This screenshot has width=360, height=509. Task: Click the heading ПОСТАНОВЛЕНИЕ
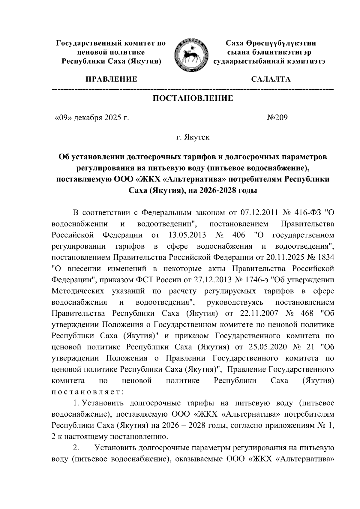click(193, 98)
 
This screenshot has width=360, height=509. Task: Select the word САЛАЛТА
click(271, 79)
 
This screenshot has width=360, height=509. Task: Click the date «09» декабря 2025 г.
click(91, 118)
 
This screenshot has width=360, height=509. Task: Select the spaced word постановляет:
click(86, 392)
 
